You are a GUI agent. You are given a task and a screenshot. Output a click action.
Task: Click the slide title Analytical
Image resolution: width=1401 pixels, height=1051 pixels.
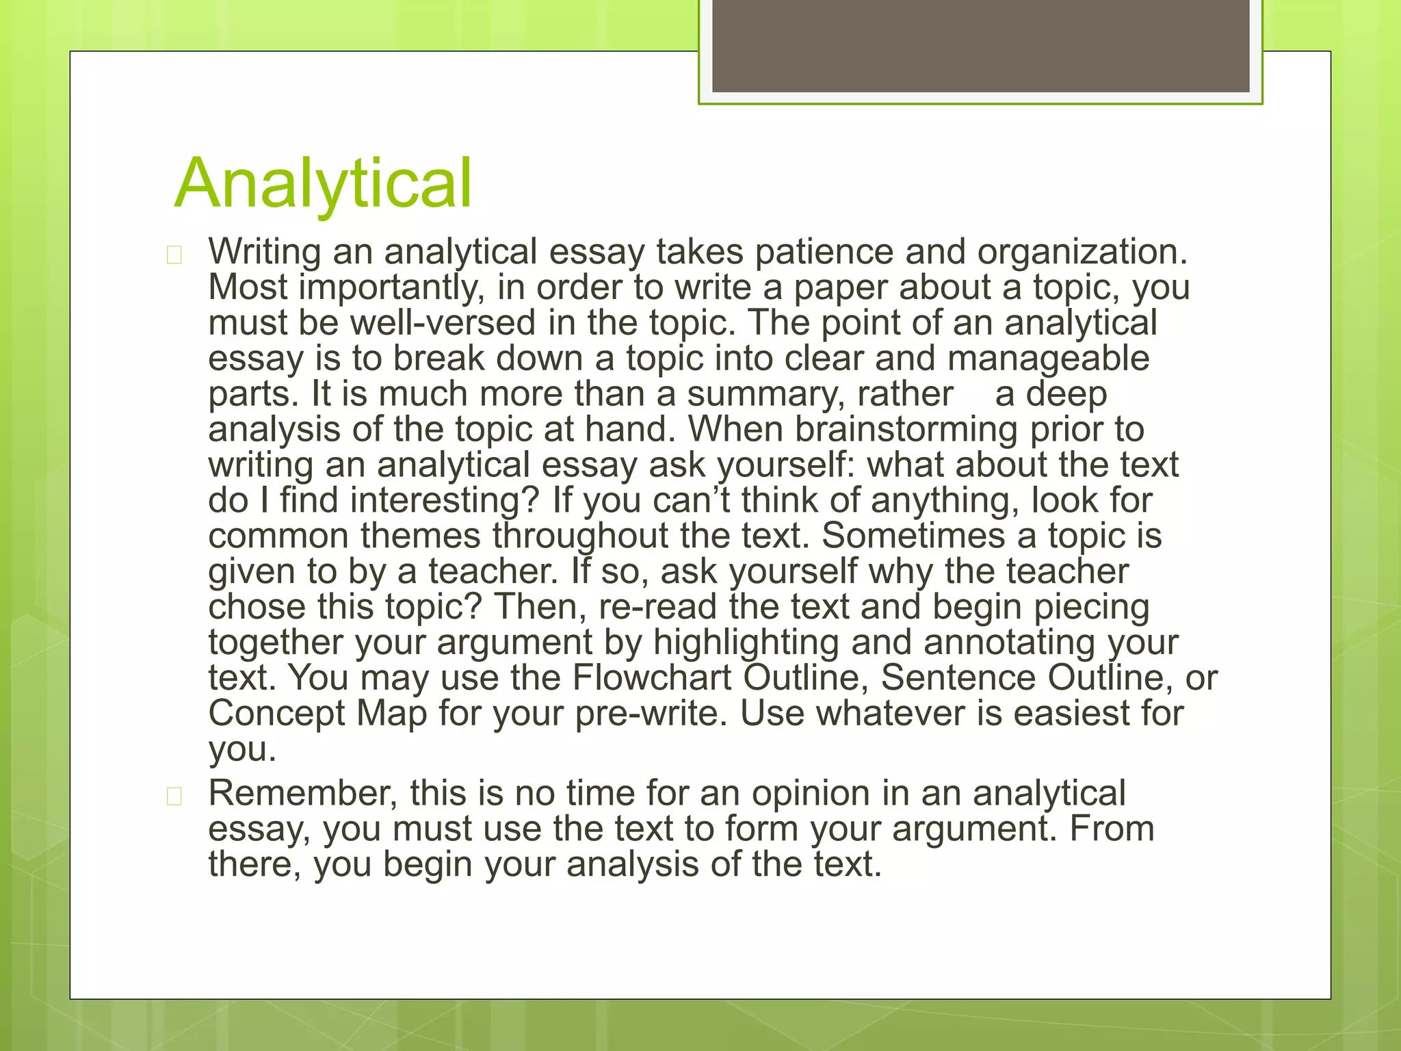tap(323, 183)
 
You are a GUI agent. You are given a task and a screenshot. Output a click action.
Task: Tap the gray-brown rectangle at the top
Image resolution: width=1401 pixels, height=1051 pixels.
tap(980, 46)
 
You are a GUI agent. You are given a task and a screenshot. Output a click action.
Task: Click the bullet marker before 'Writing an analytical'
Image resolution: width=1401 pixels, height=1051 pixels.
tap(174, 255)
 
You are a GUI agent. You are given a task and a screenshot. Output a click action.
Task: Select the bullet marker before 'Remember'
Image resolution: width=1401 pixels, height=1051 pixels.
tap(174, 796)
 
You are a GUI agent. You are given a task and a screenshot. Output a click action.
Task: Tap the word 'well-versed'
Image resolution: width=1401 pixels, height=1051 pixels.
tap(443, 323)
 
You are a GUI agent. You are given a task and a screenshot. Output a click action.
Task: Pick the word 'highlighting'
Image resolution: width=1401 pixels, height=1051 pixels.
tap(746, 643)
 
